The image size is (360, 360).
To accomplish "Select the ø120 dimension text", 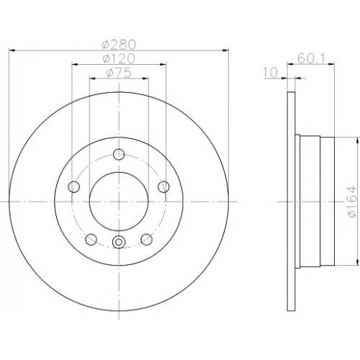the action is coord(119,58).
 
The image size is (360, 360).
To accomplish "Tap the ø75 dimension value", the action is coord(119,73).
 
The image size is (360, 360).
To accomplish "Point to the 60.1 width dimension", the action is coord(311,58).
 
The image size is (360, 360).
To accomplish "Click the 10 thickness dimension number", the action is coord(271,72).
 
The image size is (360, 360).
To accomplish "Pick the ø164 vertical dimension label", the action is coord(352,202).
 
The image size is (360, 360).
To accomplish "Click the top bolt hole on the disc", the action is coord(119,154).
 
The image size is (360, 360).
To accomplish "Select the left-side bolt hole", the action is coord(73,186).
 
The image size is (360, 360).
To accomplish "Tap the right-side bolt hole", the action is coord(163,186).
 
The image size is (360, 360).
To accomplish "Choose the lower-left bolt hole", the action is coord(91,239).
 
